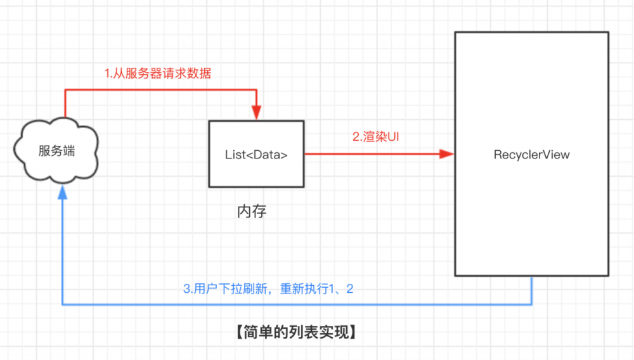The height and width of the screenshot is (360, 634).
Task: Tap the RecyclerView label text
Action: point(531,154)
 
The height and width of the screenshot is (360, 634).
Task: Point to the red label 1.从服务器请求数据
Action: point(158,74)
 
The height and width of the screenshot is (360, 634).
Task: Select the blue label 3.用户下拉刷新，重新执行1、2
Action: point(268,289)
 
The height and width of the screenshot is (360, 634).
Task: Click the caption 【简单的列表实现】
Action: point(294,331)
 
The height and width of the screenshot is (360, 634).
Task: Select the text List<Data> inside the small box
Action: point(256,154)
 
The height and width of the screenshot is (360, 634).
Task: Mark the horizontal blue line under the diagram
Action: point(297,305)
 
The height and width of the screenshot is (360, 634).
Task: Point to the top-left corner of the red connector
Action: point(65,91)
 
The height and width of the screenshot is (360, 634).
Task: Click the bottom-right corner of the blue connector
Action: point(531,305)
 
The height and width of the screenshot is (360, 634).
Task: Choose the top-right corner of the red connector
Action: point(256,91)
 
